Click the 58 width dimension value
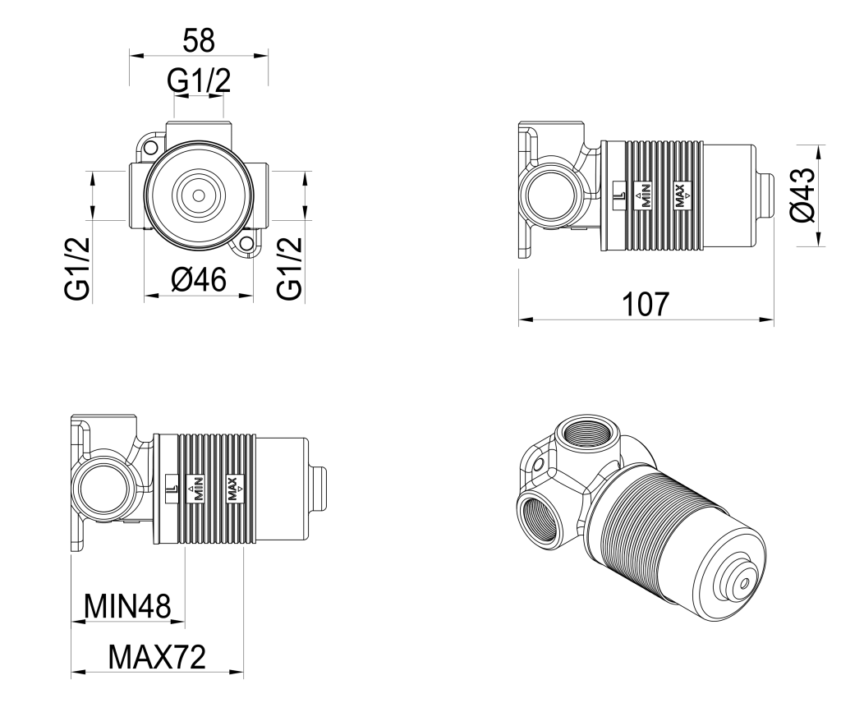198,39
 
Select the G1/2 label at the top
198,80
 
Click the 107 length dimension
646,304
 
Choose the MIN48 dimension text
127,607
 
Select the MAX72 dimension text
157,656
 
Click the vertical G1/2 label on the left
78,269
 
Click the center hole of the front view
198,195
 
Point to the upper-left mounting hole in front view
150,148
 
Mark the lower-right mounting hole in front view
245,244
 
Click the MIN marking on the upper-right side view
646,195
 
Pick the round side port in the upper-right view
548,197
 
